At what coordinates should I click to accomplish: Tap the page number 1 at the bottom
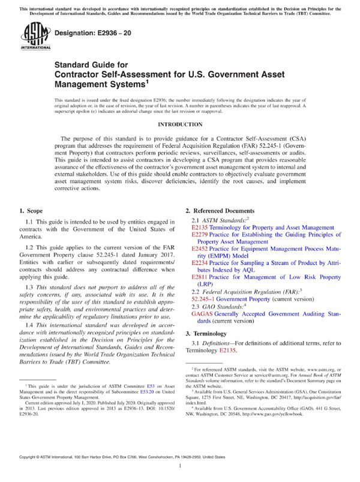(180, 465)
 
